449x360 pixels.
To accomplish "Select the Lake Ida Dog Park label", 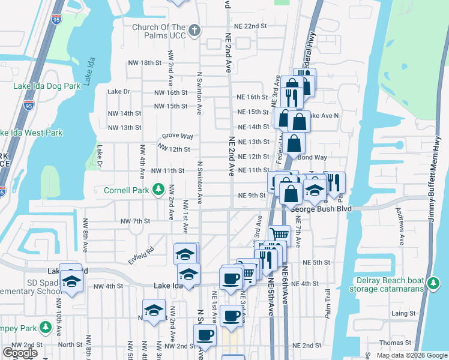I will pyautogui.click(x=47, y=86).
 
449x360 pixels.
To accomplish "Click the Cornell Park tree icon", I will pyautogui.click(x=158, y=190).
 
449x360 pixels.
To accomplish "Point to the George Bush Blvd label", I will pyautogui.click(x=320, y=209).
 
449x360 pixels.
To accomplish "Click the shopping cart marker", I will pyautogui.click(x=279, y=235).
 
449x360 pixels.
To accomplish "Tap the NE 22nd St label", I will pyautogui.click(x=250, y=26).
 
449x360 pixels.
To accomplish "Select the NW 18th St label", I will pyautogui.click(x=146, y=62).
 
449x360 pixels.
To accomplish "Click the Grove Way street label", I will pyautogui.click(x=177, y=137).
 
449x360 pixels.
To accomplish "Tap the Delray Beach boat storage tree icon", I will pyautogui.click(x=434, y=282).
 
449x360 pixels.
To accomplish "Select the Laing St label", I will pyautogui.click(x=403, y=313).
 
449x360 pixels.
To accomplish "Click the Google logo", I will pyautogui.click(x=20, y=353).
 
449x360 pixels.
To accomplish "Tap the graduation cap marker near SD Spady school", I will pyautogui.click(x=71, y=280).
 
